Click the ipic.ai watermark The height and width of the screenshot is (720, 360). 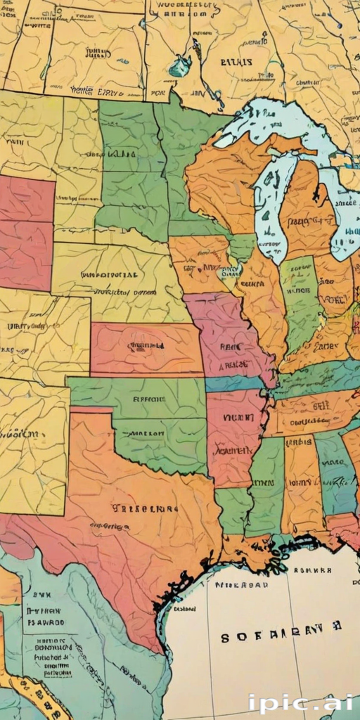[x=301, y=702]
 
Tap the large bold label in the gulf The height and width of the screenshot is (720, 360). [x=281, y=636]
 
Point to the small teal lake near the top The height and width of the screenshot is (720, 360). [x=180, y=66]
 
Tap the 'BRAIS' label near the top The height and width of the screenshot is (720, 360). [x=236, y=62]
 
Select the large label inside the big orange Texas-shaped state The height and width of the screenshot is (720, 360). [x=136, y=507]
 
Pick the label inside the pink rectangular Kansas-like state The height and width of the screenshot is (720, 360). [x=146, y=345]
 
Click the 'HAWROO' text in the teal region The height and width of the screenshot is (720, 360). [x=46, y=622]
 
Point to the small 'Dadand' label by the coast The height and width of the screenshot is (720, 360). [x=184, y=608]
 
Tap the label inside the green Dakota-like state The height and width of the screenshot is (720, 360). [x=122, y=153]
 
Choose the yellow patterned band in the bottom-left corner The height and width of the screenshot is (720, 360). [x=35, y=693]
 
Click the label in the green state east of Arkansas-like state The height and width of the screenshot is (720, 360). [x=264, y=483]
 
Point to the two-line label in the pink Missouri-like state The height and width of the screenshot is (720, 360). [x=231, y=355]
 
